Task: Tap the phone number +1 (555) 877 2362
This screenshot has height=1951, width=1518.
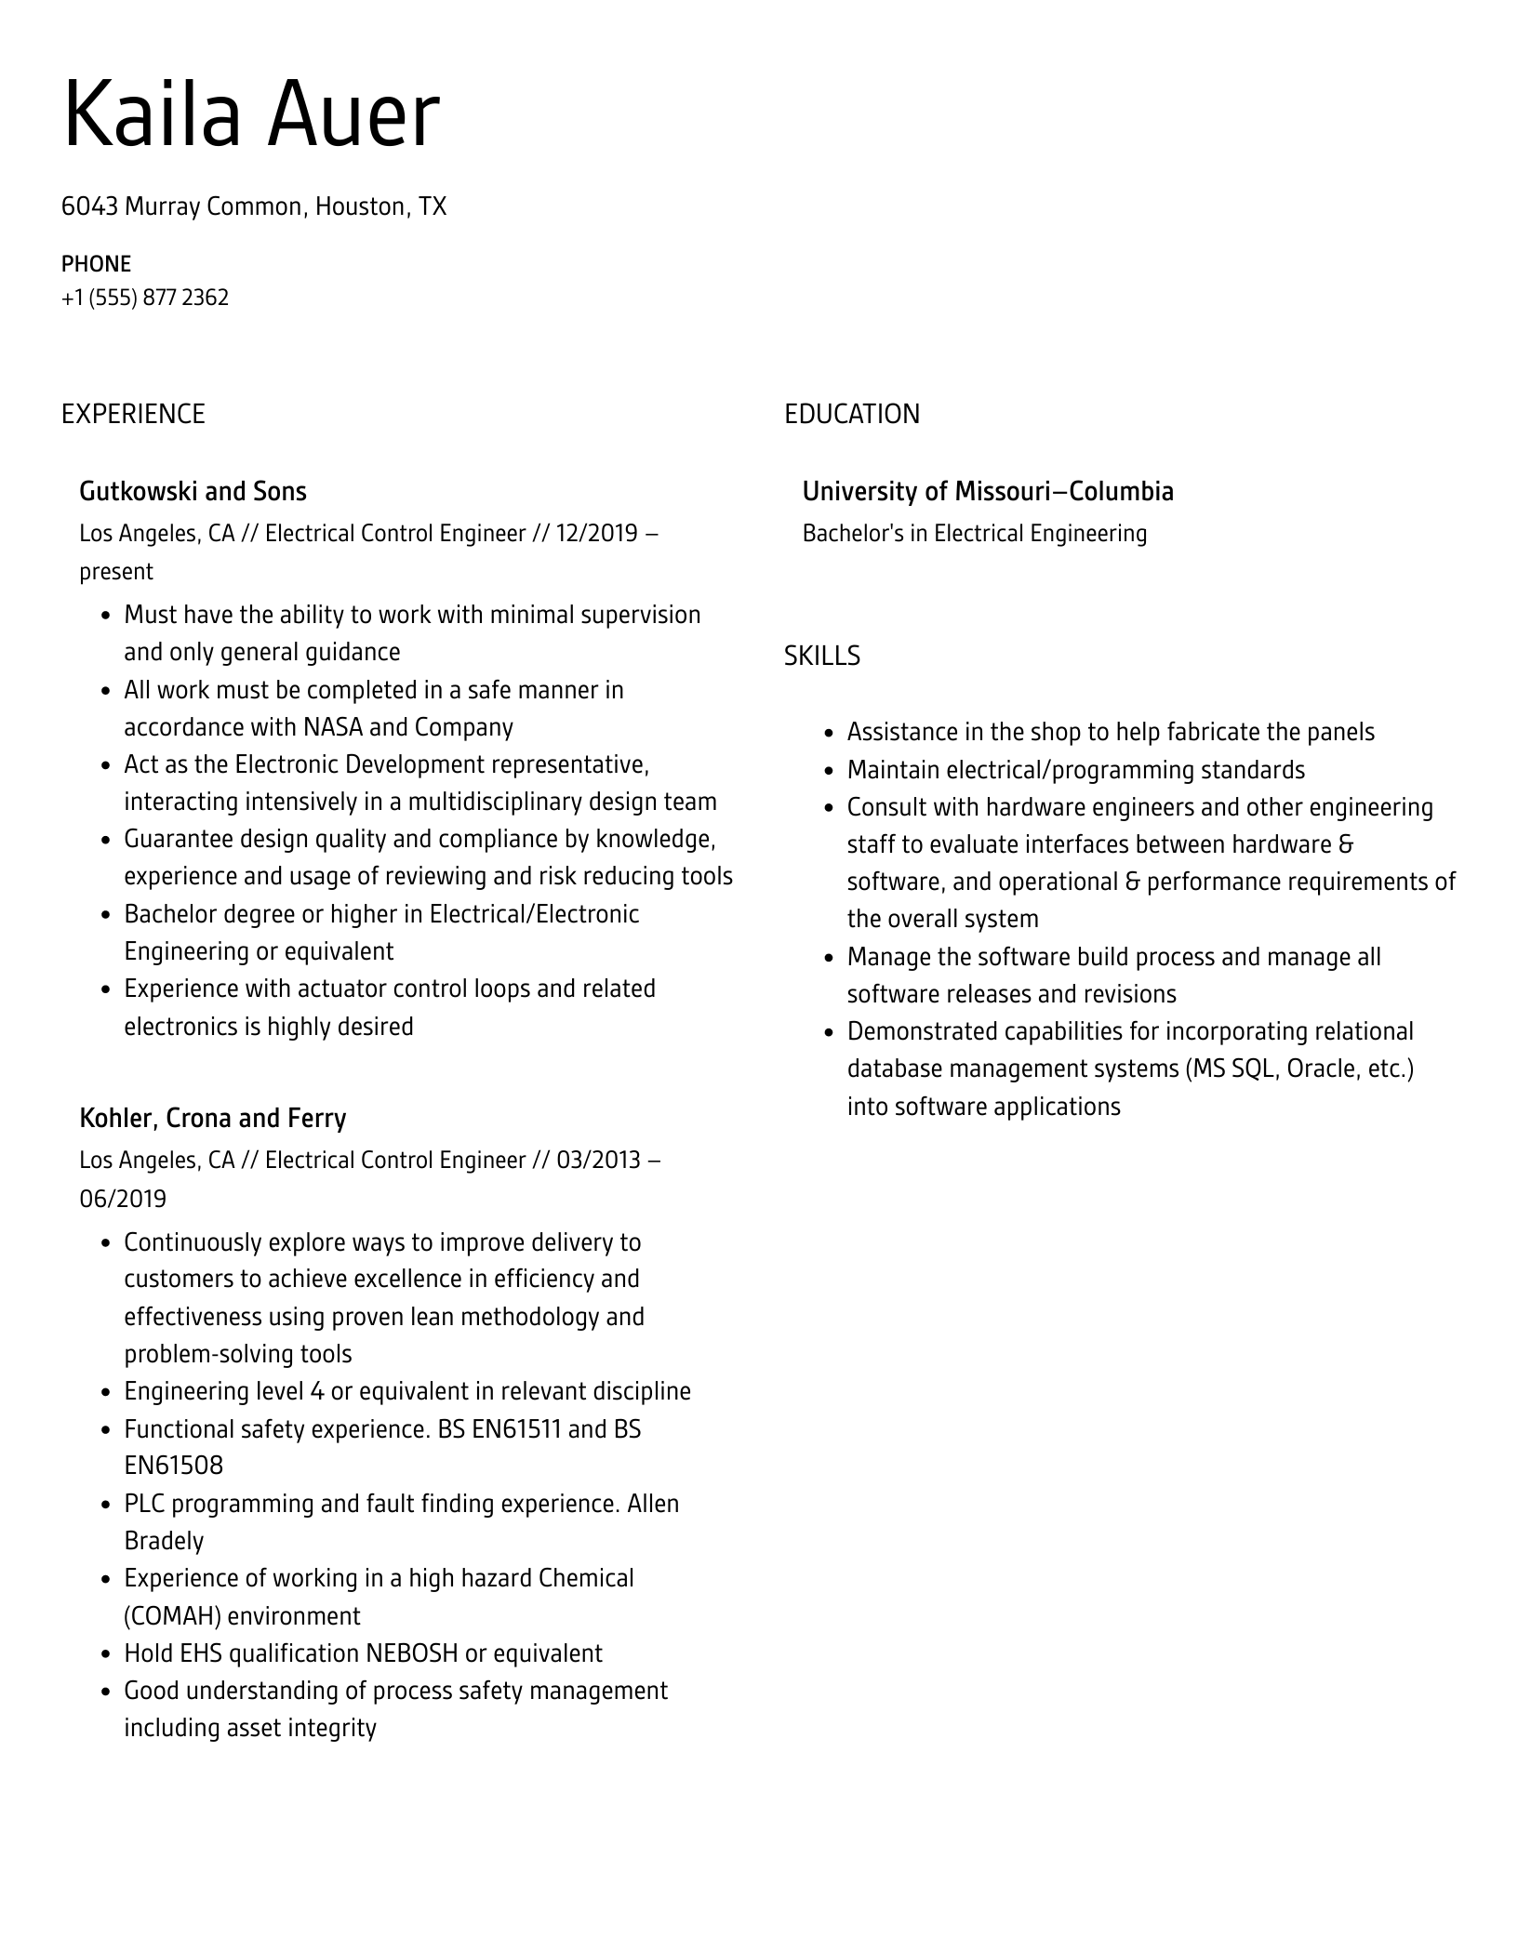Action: coord(145,298)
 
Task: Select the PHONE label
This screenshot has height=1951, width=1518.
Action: coord(96,264)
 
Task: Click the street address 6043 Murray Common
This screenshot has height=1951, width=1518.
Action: coord(182,206)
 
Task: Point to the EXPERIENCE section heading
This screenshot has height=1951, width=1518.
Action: coord(133,414)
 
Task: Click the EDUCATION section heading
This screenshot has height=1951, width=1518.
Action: coord(851,414)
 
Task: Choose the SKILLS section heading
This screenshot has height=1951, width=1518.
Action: coord(821,657)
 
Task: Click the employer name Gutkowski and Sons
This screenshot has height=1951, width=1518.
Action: coord(193,492)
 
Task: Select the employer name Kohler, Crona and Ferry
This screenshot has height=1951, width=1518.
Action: coord(213,1118)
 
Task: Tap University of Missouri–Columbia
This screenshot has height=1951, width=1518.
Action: coord(988,492)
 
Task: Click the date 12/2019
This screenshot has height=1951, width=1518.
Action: coord(596,534)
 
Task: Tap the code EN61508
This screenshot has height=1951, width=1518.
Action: coord(174,1467)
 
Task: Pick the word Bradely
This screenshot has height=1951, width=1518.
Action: coord(164,1542)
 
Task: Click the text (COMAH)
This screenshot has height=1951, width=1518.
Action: coord(172,1617)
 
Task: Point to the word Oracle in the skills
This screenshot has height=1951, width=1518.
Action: coord(1319,1069)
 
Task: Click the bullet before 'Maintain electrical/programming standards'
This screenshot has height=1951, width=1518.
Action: coord(829,772)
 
